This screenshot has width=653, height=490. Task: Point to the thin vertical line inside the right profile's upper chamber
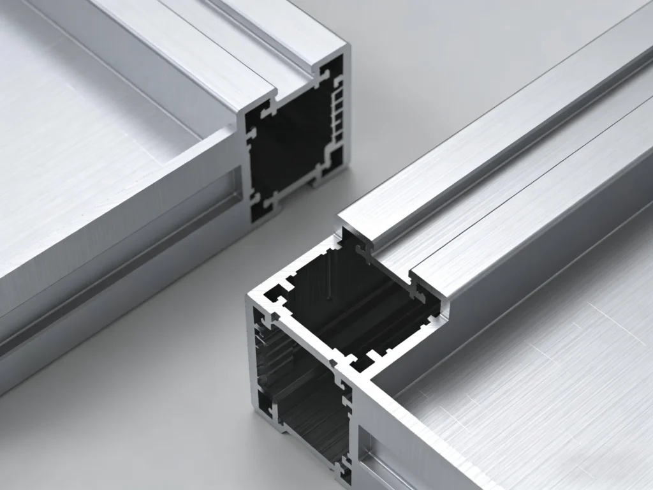click(328, 281)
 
